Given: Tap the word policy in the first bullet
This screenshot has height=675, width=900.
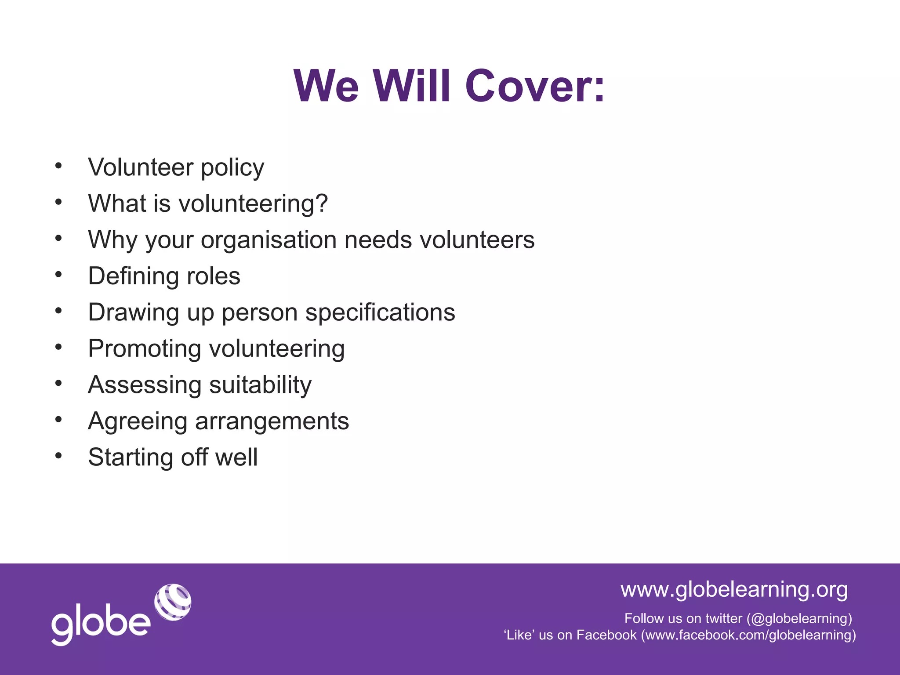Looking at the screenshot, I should tap(232, 168).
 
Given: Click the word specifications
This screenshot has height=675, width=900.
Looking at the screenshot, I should tap(380, 312).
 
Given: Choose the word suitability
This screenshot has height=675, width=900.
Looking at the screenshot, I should tap(260, 385).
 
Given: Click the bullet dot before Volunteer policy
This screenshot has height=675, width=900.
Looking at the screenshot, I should tap(58, 166).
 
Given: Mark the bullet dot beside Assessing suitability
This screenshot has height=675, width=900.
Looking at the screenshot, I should tap(58, 384).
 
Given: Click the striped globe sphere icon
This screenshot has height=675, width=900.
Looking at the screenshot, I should tap(173, 602).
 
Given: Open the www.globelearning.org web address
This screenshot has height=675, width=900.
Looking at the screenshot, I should tap(734, 589).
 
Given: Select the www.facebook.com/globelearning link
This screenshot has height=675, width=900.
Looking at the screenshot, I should tap(748, 635).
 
